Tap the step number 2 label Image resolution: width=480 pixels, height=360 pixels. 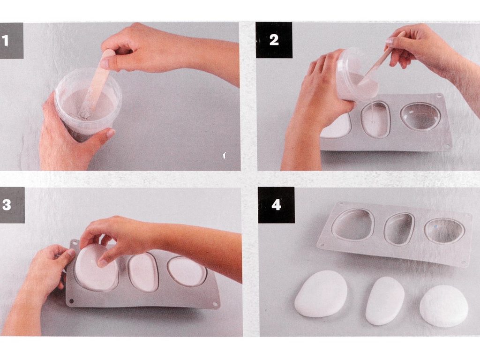pos(274,40)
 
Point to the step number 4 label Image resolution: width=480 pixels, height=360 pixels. pos(276,205)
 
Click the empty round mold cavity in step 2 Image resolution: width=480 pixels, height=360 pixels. pos(420,117)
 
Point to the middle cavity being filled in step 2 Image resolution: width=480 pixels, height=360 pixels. pos(375,119)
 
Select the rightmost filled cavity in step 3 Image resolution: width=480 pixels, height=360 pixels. pos(187,271)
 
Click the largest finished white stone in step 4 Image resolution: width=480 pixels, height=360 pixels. pos(321,293)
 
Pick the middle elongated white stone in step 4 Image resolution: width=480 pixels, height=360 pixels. pos(385,300)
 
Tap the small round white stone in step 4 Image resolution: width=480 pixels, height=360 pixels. pos(444,306)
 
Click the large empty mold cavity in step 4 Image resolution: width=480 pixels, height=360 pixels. pos(353,225)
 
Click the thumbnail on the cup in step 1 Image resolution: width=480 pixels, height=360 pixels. pos(110,134)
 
